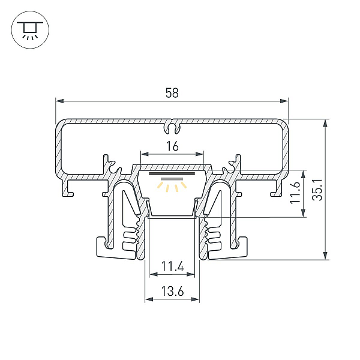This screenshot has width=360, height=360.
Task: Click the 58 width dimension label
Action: click(x=172, y=93)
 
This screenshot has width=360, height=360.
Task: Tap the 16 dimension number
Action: click(x=172, y=146)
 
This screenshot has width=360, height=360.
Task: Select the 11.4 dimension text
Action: click(x=172, y=266)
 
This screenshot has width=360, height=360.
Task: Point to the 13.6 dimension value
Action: click(x=172, y=292)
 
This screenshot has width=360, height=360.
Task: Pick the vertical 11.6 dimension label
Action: click(x=295, y=193)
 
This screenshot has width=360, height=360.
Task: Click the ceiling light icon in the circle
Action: click(x=30, y=29)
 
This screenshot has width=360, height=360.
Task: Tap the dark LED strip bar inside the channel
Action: click(x=172, y=173)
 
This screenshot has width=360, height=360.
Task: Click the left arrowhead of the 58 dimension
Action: click(x=59, y=101)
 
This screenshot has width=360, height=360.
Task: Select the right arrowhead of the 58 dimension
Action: click(x=284, y=101)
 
